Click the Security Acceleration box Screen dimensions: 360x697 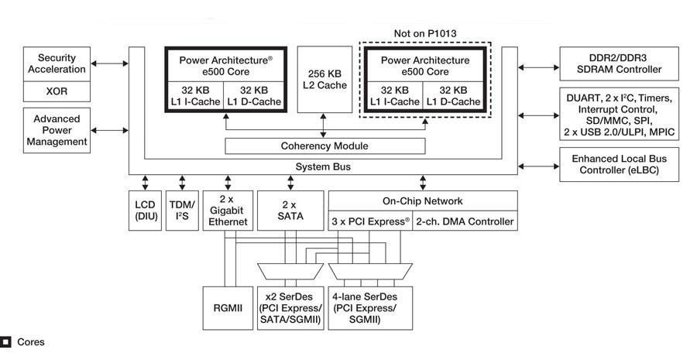click(x=57, y=63)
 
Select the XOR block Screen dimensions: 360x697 click(x=57, y=91)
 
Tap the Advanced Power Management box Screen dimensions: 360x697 click(x=57, y=129)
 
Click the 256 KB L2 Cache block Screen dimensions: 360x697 click(x=324, y=80)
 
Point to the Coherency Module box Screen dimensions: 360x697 click(x=324, y=146)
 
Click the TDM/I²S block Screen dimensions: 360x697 click(x=183, y=211)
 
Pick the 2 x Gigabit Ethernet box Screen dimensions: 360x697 click(x=228, y=211)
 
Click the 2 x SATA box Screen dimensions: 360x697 click(x=290, y=211)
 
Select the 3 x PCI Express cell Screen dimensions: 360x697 click(x=370, y=221)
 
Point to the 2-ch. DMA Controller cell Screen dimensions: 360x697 click(x=465, y=221)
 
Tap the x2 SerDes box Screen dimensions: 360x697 click(x=290, y=307)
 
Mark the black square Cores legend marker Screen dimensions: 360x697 click(x=5, y=341)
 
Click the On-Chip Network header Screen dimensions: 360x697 click(x=423, y=200)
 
